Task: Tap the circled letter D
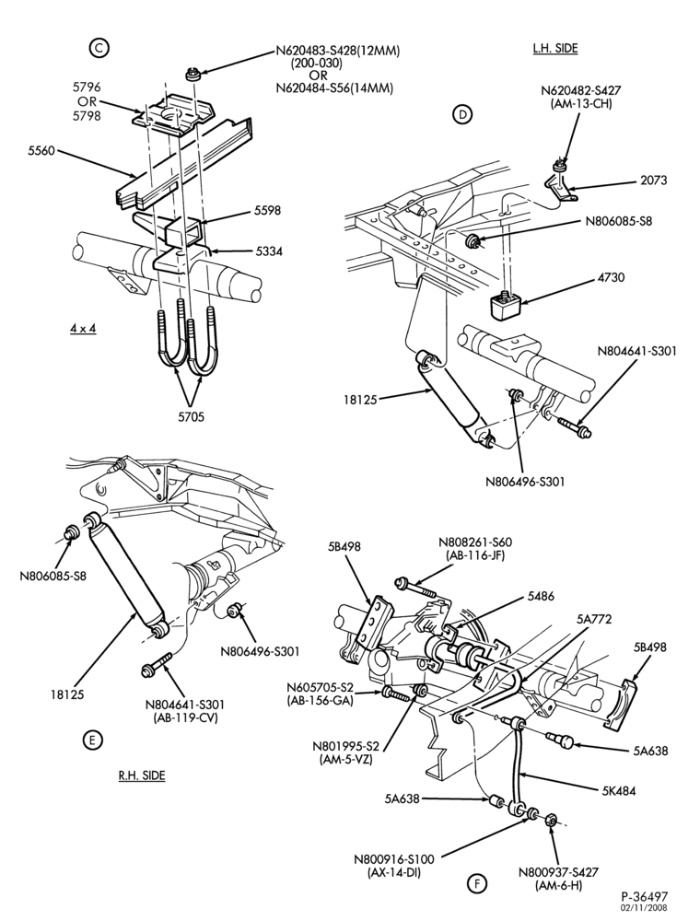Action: pos(462,114)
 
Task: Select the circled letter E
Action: pos(92,740)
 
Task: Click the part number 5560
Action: pos(41,151)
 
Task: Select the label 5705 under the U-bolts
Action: pos(191,417)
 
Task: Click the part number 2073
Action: pos(653,181)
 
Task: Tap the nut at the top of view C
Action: pos(192,76)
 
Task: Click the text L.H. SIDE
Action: pos(555,49)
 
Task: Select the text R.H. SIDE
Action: pos(142,775)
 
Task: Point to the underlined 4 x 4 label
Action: pos(83,328)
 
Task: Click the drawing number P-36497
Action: pos(644,896)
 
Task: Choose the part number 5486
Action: pos(540,596)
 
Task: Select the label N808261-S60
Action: pos(475,542)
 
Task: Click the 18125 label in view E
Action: pos(67,694)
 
